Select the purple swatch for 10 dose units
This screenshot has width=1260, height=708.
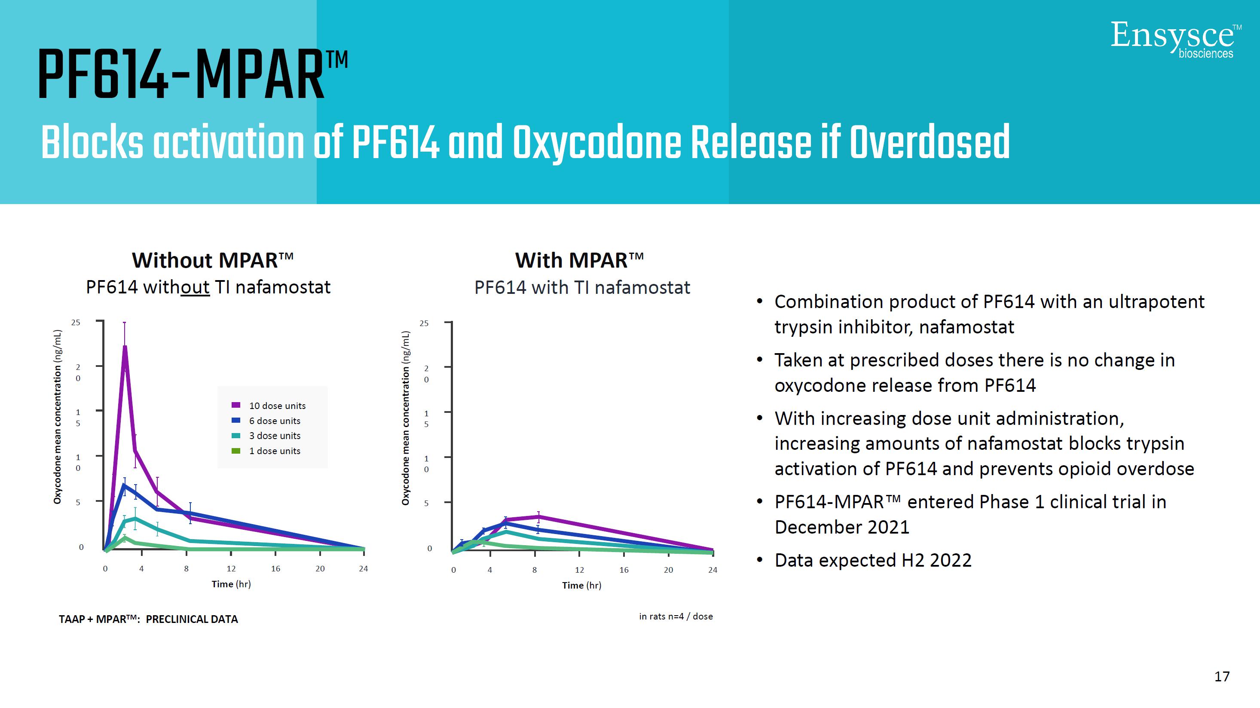coord(236,405)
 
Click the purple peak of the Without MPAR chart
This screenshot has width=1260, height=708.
coord(125,347)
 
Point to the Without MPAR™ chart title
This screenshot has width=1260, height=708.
coord(213,260)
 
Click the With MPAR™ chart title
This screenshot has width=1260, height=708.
coord(579,260)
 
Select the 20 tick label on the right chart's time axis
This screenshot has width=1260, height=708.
coord(668,570)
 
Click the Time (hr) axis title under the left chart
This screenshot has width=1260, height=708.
coord(231,584)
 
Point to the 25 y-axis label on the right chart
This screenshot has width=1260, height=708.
coord(424,323)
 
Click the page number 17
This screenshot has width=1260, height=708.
coord(1222,676)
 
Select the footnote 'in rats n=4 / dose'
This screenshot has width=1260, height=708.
coord(676,616)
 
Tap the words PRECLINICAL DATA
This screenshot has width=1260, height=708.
coord(192,619)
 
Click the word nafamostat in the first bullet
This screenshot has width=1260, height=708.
coord(966,327)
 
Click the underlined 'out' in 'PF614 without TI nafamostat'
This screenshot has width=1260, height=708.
coord(195,287)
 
